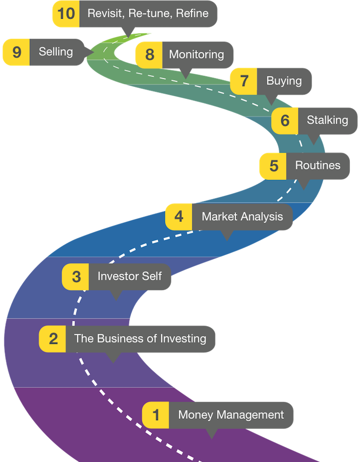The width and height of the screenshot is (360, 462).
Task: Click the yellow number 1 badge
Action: click(156, 414)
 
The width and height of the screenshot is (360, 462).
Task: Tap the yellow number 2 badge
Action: click(53, 339)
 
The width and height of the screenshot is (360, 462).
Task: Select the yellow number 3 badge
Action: click(76, 277)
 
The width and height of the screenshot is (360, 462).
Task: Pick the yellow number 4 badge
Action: click(179, 217)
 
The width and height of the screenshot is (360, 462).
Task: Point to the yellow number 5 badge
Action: click(273, 166)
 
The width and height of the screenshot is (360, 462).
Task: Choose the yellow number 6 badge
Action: click(285, 120)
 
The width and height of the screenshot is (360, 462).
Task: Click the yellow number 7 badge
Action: click(244, 81)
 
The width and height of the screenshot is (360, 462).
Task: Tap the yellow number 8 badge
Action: click(149, 54)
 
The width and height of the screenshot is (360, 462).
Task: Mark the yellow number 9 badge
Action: click(17, 51)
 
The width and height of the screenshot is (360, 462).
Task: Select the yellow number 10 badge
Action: click(66, 13)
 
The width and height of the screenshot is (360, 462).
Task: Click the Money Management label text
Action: click(231, 414)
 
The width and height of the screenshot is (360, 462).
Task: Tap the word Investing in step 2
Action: click(183, 339)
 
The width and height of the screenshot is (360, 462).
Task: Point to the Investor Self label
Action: click(130, 277)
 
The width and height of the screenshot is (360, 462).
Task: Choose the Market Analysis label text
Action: click(242, 217)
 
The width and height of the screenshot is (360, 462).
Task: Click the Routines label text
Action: click(317, 166)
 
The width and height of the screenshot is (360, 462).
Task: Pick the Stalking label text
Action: click(327, 120)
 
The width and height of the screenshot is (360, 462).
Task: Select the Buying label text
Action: click(284, 81)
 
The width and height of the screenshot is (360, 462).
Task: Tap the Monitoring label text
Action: click(196, 54)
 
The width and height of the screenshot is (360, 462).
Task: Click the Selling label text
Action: click(56, 51)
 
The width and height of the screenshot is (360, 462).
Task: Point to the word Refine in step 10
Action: click(192, 13)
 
